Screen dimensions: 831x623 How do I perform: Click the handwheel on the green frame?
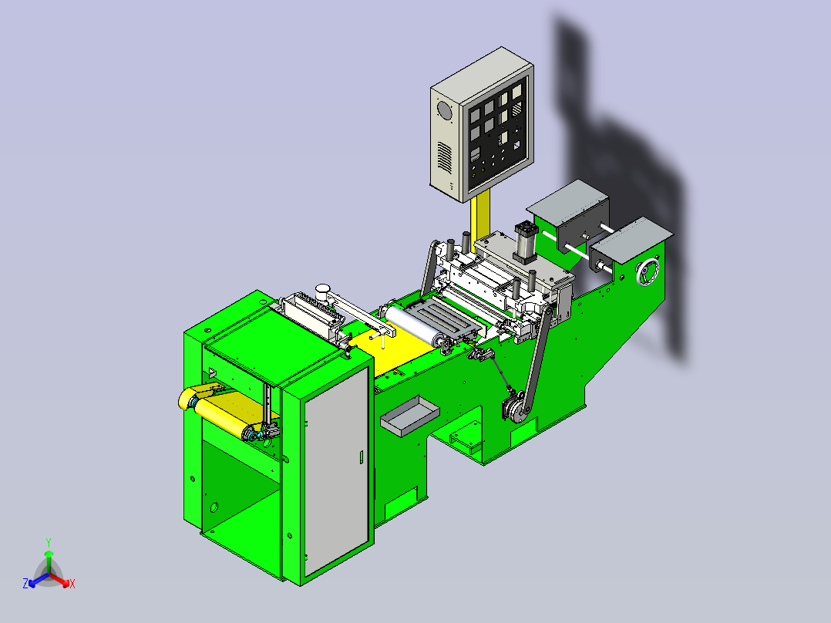(648, 272)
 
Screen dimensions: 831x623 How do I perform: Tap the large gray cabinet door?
(336, 470)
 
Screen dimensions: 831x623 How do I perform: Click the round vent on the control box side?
(443, 111)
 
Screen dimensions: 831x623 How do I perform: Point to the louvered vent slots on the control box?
(444, 157)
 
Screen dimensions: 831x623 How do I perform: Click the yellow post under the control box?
(480, 218)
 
